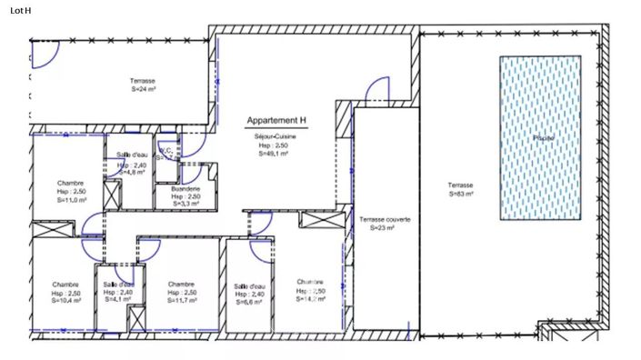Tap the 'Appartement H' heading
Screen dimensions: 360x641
pos(277,120)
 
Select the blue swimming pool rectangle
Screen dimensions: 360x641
pos(540,137)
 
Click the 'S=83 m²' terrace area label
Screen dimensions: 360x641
pos(460,194)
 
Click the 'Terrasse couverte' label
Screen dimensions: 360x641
pos(385,220)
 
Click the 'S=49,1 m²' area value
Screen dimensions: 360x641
pos(272,154)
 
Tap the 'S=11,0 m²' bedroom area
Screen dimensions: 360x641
pos(70,201)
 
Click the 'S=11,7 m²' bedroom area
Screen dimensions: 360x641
pos(181,301)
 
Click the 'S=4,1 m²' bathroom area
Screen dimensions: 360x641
pos(118,299)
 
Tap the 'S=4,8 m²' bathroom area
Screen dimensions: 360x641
pos(131,171)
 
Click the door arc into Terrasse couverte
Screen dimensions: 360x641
pos(376,91)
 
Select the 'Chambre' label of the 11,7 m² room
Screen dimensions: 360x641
pos(181,284)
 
